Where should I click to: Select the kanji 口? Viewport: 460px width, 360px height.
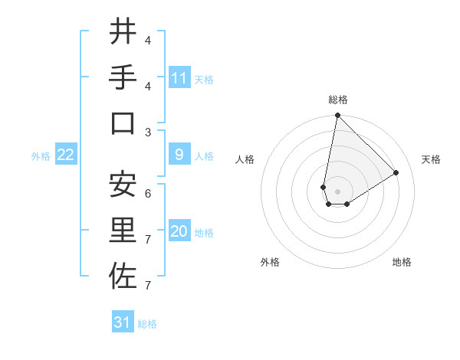click(x=123, y=123)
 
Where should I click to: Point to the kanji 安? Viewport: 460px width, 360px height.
click(x=123, y=185)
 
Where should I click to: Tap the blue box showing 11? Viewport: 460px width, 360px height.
click(x=179, y=78)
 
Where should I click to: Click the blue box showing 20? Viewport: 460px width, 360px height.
click(x=179, y=232)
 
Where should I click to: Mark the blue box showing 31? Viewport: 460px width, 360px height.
click(x=123, y=322)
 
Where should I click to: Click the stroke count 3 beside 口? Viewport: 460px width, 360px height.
click(x=148, y=132)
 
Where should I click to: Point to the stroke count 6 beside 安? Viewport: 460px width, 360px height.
click(x=148, y=193)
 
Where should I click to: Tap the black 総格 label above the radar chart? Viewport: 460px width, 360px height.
click(x=338, y=100)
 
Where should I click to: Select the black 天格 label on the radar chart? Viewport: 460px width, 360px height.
click(x=431, y=159)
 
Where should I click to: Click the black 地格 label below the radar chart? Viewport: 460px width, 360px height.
click(x=402, y=262)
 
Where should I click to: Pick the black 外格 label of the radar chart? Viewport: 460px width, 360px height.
click(x=270, y=262)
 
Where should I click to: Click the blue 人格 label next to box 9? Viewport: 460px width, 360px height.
click(x=204, y=156)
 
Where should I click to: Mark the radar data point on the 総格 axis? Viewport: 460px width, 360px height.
click(x=337, y=116)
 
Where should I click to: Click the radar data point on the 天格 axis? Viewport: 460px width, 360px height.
click(x=396, y=172)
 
